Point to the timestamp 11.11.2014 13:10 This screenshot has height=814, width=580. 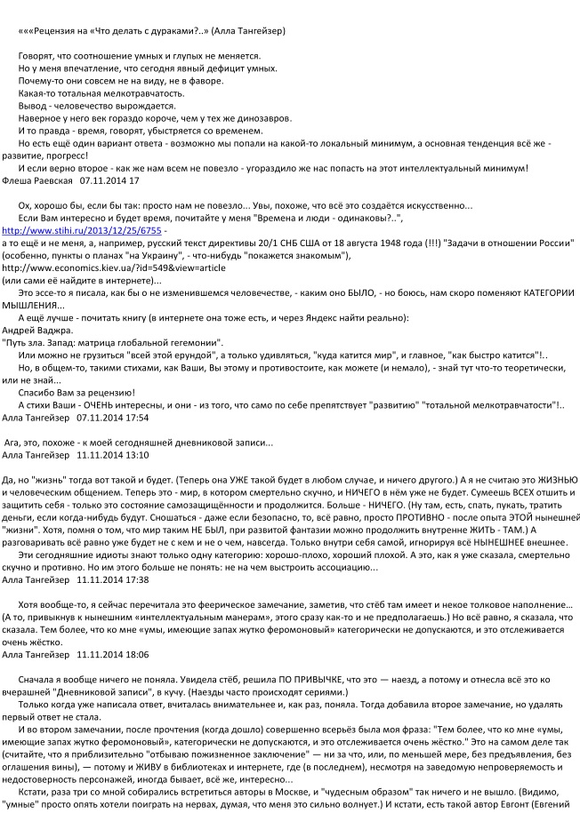pyautogui.click(x=113, y=455)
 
